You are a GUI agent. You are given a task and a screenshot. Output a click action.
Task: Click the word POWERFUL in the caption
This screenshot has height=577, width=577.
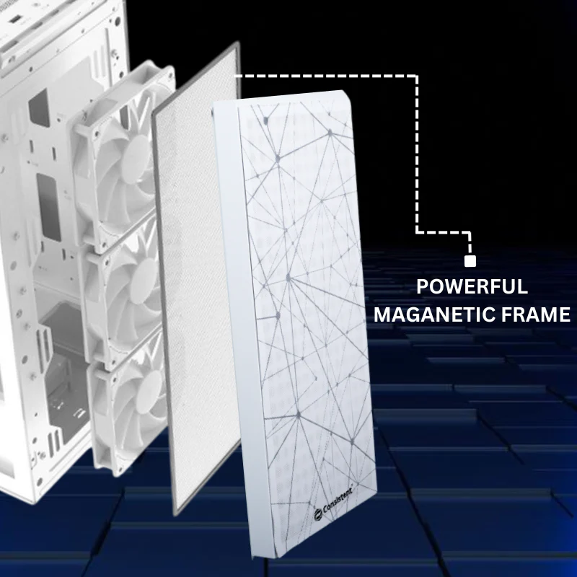(x=472, y=286)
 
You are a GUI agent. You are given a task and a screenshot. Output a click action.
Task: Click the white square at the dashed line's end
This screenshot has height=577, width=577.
(x=470, y=261)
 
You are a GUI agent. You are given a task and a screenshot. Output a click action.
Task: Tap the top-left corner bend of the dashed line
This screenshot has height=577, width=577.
(x=417, y=76)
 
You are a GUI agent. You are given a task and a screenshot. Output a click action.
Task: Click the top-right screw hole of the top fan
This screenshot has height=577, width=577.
(x=169, y=74)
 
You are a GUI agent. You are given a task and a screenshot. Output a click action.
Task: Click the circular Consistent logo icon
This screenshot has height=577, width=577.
(x=318, y=515)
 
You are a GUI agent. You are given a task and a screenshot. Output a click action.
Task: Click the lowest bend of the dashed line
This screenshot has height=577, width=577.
(x=470, y=232)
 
